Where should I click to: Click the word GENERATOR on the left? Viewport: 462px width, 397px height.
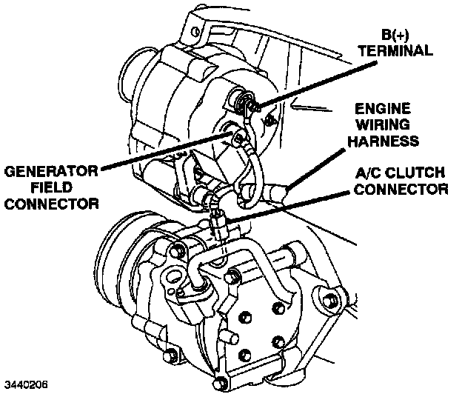click(x=51, y=172)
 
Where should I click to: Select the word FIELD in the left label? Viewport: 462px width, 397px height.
click(x=50, y=188)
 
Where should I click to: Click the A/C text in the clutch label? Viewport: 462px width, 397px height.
click(x=367, y=173)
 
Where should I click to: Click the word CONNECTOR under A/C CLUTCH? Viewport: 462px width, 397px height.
click(x=401, y=190)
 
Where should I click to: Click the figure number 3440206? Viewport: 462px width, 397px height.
click(x=27, y=385)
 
